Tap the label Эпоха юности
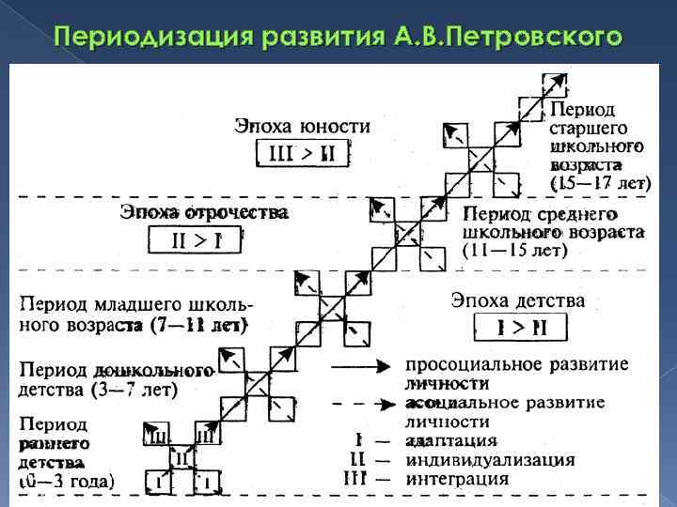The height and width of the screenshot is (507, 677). pos(302,126)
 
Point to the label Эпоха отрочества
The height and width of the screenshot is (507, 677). pos(203,212)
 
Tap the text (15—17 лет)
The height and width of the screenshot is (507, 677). pos(599,182)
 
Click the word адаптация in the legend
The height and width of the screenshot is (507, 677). pos(438,440)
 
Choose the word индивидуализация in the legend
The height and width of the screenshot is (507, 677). pos(490,460)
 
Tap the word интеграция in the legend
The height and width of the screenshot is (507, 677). pos(457,479)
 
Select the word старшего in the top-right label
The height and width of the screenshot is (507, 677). pos(589,129)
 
